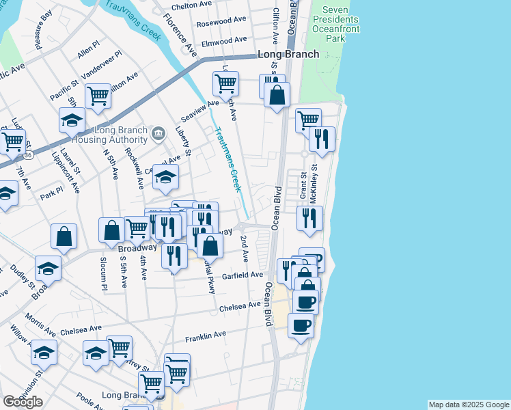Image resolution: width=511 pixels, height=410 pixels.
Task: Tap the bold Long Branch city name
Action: click(x=288, y=55)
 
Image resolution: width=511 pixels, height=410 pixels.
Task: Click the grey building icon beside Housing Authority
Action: click(x=158, y=133)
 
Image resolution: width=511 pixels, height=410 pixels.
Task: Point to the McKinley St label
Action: click(x=315, y=181)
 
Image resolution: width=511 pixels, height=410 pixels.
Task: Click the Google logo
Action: click(x=23, y=401)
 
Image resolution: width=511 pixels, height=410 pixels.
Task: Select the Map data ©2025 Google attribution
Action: click(x=468, y=405)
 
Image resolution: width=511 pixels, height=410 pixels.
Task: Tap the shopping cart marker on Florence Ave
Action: click(x=225, y=85)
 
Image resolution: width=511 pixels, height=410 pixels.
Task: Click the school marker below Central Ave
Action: click(x=165, y=178)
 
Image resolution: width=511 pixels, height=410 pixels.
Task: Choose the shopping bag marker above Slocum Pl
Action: click(x=112, y=231)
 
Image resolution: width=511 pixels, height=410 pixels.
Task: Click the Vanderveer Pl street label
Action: click(x=101, y=63)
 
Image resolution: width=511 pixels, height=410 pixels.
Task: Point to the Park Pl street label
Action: click(x=51, y=195)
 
